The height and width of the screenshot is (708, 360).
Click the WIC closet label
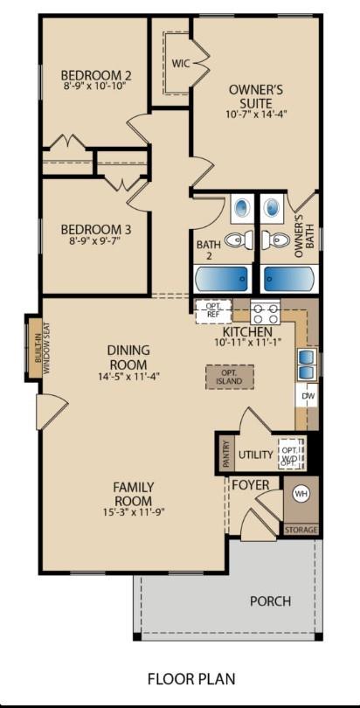(181, 63)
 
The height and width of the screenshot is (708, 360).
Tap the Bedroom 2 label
(96, 74)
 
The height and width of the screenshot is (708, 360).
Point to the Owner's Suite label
(255, 95)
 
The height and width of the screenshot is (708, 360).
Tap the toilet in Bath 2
(235, 239)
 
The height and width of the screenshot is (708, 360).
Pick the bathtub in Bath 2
(224, 278)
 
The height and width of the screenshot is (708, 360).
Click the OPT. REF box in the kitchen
(212, 310)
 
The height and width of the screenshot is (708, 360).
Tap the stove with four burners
(265, 311)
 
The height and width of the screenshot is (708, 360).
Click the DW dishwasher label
(308, 396)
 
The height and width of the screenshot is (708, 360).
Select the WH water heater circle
(301, 494)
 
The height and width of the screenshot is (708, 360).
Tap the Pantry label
(225, 454)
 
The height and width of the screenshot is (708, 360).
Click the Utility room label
(256, 455)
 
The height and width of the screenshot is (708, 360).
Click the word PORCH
(270, 601)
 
